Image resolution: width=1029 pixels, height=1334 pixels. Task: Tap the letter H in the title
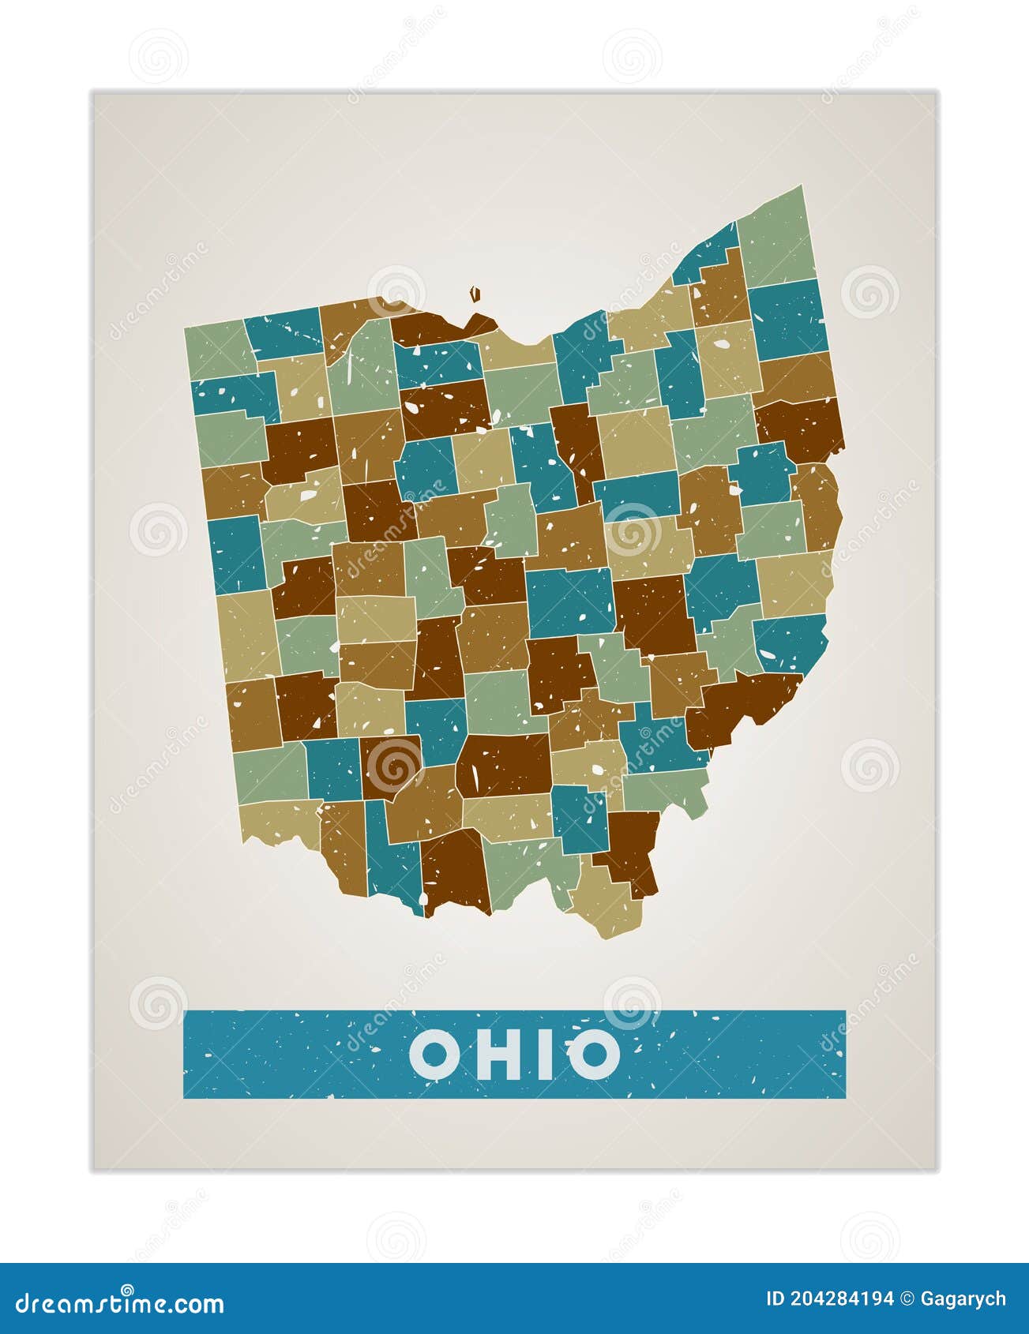pyautogui.click(x=497, y=1055)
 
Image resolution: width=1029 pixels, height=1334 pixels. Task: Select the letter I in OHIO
pyautogui.click(x=545, y=1055)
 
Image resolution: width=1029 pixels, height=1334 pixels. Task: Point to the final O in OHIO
pyautogui.click(x=594, y=1055)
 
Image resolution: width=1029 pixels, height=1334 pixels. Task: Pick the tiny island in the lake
pyautogui.click(x=475, y=294)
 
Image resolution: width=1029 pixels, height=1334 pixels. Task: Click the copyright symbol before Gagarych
pyautogui.click(x=908, y=1299)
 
